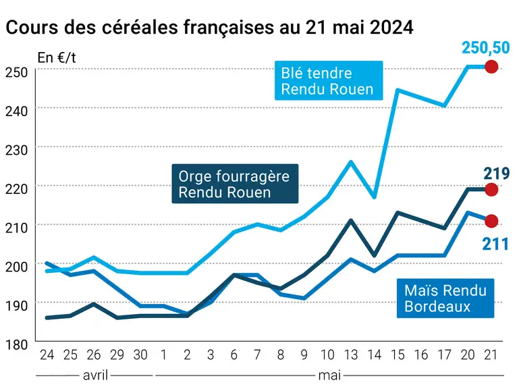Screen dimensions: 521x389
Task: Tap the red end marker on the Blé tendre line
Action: click(x=491, y=67)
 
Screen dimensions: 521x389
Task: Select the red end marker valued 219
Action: click(x=491, y=190)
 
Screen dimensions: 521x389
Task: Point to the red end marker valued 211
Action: click(x=491, y=221)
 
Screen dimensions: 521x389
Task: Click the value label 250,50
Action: click(x=485, y=47)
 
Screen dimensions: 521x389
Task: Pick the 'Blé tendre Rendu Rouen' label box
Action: click(x=329, y=80)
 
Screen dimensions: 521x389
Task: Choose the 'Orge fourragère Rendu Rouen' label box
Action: click(x=235, y=184)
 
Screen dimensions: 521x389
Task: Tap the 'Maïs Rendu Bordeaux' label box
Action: click(x=445, y=299)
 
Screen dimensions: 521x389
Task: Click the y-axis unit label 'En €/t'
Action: click(x=57, y=58)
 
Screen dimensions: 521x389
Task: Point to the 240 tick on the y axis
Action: click(x=16, y=111)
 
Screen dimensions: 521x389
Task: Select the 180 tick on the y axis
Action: click(x=16, y=344)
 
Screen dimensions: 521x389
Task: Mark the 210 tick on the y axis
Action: click(x=16, y=228)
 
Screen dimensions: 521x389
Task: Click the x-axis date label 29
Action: click(x=117, y=355)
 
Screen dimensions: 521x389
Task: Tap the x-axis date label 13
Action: click(x=350, y=355)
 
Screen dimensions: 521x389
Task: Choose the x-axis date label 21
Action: click(x=491, y=355)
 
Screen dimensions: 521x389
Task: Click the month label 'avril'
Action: click(x=95, y=375)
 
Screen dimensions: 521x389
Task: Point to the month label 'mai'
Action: click(x=329, y=375)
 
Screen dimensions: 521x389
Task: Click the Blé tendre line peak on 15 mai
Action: click(x=397, y=90)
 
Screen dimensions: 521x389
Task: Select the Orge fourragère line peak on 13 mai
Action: click(x=350, y=220)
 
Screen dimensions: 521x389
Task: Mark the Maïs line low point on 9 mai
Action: click(x=304, y=299)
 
